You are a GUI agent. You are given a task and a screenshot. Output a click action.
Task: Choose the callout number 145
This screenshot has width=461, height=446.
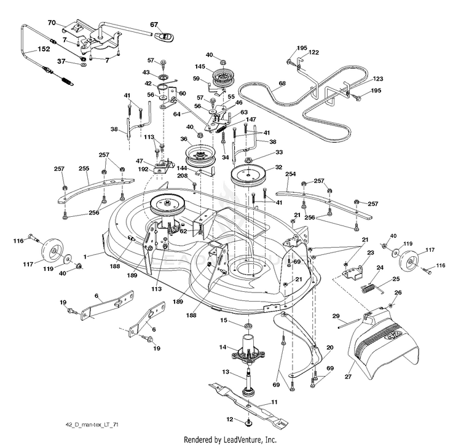pos(200,67)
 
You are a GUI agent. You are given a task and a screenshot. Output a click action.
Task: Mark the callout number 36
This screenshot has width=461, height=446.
pos(184,139)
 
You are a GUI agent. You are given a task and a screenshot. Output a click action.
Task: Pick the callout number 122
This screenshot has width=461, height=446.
pos(314,53)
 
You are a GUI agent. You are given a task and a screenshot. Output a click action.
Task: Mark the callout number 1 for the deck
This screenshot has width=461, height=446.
pos(85,254)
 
